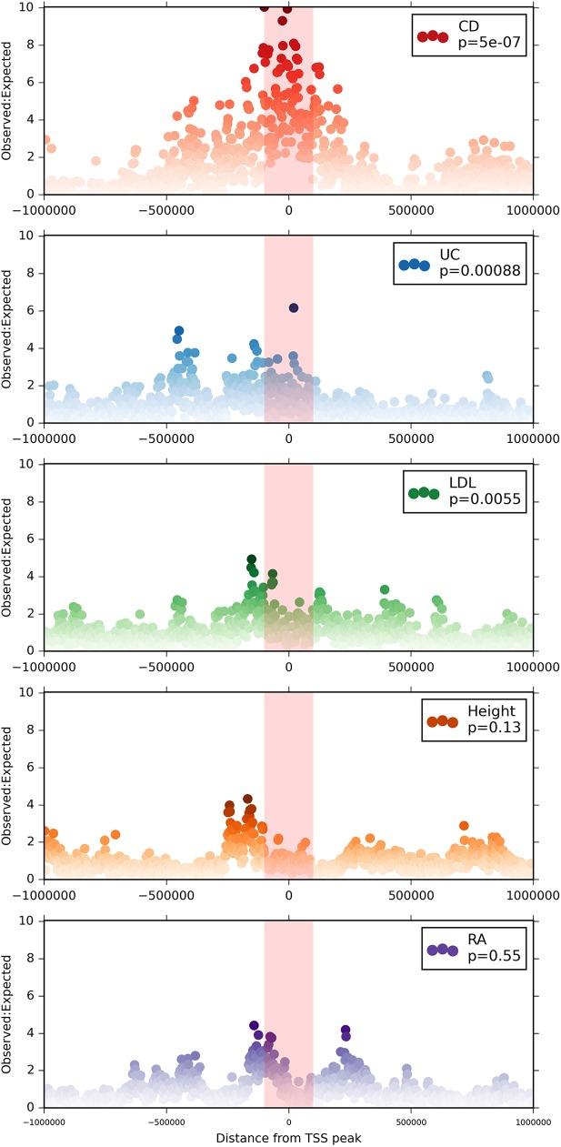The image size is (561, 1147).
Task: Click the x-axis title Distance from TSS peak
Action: click(288, 1138)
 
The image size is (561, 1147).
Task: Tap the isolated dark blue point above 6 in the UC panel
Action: click(294, 308)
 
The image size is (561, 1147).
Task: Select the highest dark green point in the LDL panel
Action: click(251, 559)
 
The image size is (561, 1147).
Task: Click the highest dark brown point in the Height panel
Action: click(247, 799)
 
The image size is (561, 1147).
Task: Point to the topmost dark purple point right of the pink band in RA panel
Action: click(346, 1030)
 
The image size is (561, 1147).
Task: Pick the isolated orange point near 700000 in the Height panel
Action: click(464, 826)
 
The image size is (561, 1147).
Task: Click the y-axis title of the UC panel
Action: click(7, 330)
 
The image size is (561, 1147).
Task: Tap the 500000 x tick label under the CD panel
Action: click(411, 208)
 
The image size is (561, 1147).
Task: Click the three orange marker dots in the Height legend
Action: click(442, 721)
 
